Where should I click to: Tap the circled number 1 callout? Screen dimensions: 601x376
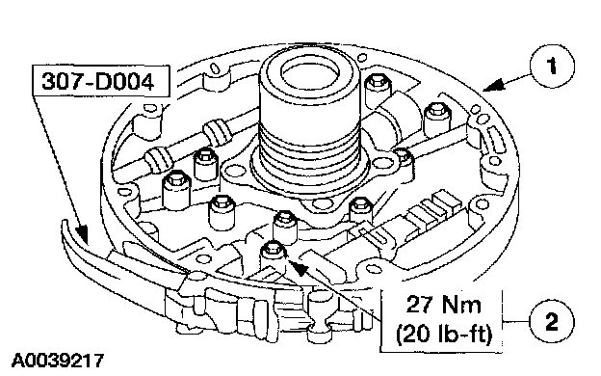click(552, 66)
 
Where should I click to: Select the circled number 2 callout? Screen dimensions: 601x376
click(552, 321)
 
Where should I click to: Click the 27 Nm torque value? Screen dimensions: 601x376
click(443, 305)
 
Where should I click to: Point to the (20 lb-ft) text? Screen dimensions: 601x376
click(443, 334)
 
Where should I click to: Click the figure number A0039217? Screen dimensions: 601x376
click(58, 361)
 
